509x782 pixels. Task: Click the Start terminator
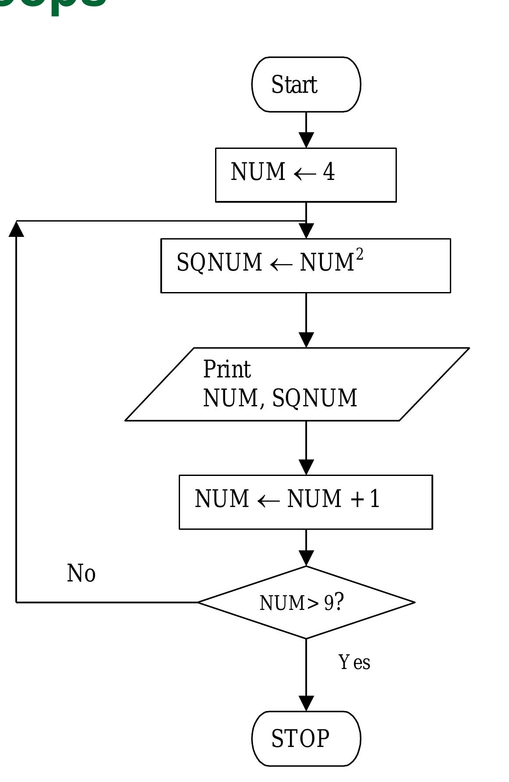306,85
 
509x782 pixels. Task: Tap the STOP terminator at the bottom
306,738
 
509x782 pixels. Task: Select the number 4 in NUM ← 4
329,172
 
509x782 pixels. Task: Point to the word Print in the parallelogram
227,369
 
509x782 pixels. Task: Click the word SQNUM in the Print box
315,398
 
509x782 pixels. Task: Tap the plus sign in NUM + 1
357,499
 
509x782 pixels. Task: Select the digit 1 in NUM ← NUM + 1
375,499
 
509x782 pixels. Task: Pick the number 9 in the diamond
329,603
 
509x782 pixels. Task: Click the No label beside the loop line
81,573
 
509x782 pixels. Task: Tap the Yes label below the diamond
354,662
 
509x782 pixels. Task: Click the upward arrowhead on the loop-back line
16,229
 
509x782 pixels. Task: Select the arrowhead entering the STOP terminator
306,703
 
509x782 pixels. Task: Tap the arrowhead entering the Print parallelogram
306,340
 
